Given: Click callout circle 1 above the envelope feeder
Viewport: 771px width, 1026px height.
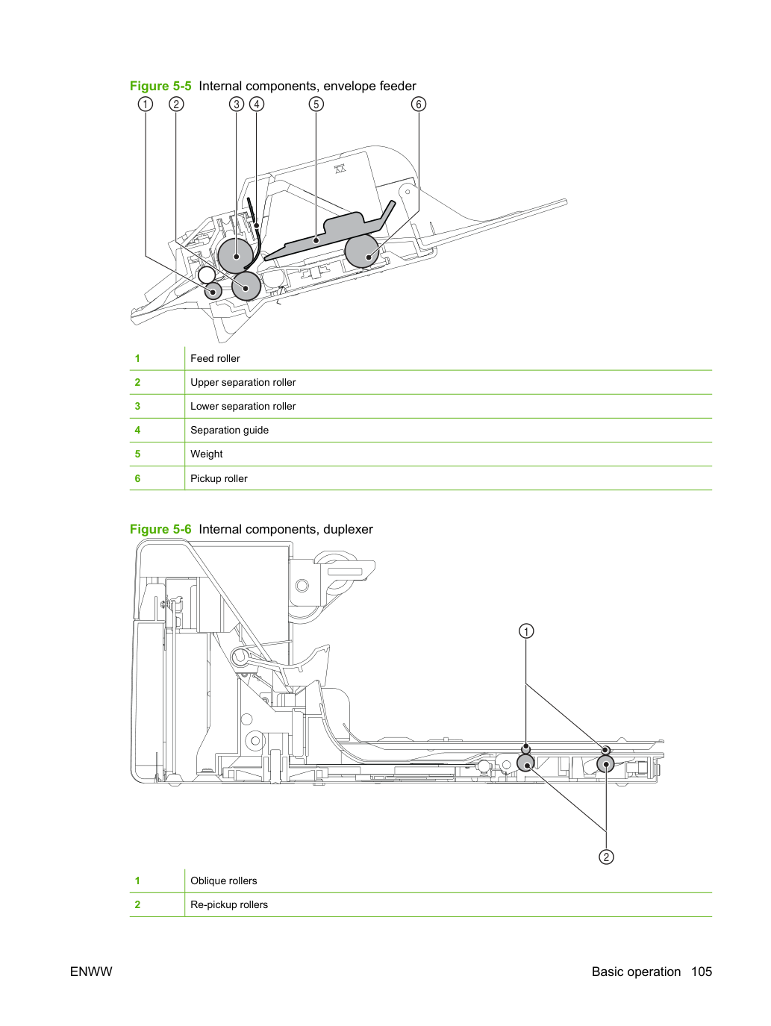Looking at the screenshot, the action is coord(146,104).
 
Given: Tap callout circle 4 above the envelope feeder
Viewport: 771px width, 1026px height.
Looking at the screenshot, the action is coord(257,104).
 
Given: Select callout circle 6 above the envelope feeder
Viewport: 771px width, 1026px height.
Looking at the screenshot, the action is coord(419,104).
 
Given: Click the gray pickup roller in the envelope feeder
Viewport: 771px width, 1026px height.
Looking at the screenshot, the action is coord(361,251).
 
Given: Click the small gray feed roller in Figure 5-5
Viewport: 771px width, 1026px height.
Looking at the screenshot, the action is coord(213,291).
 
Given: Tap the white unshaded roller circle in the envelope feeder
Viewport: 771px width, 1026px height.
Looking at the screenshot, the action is coord(206,275).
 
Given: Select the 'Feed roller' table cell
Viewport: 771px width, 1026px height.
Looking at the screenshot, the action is coord(215,358).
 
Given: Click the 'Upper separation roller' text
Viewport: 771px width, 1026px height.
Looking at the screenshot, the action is coord(243,382).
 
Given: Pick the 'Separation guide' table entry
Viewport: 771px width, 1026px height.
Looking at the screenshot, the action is coord(229,430).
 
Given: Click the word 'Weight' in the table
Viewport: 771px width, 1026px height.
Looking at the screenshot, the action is coord(206,454).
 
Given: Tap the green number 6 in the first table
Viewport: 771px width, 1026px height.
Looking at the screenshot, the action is coord(137,478).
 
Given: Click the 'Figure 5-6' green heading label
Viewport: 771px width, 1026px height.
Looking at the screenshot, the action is coord(160,529).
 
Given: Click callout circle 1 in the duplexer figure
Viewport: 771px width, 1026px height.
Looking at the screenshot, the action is coord(526,631).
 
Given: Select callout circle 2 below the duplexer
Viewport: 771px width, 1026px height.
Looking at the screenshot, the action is coord(606,857).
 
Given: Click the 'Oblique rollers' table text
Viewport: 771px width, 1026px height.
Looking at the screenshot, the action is coord(223,880).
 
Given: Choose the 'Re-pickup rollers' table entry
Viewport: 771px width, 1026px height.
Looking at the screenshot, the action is coord(229,904).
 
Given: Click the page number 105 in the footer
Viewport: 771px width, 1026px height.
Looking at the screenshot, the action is coord(702,972).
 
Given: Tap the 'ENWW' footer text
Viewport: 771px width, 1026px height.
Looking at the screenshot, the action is coord(91,972).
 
